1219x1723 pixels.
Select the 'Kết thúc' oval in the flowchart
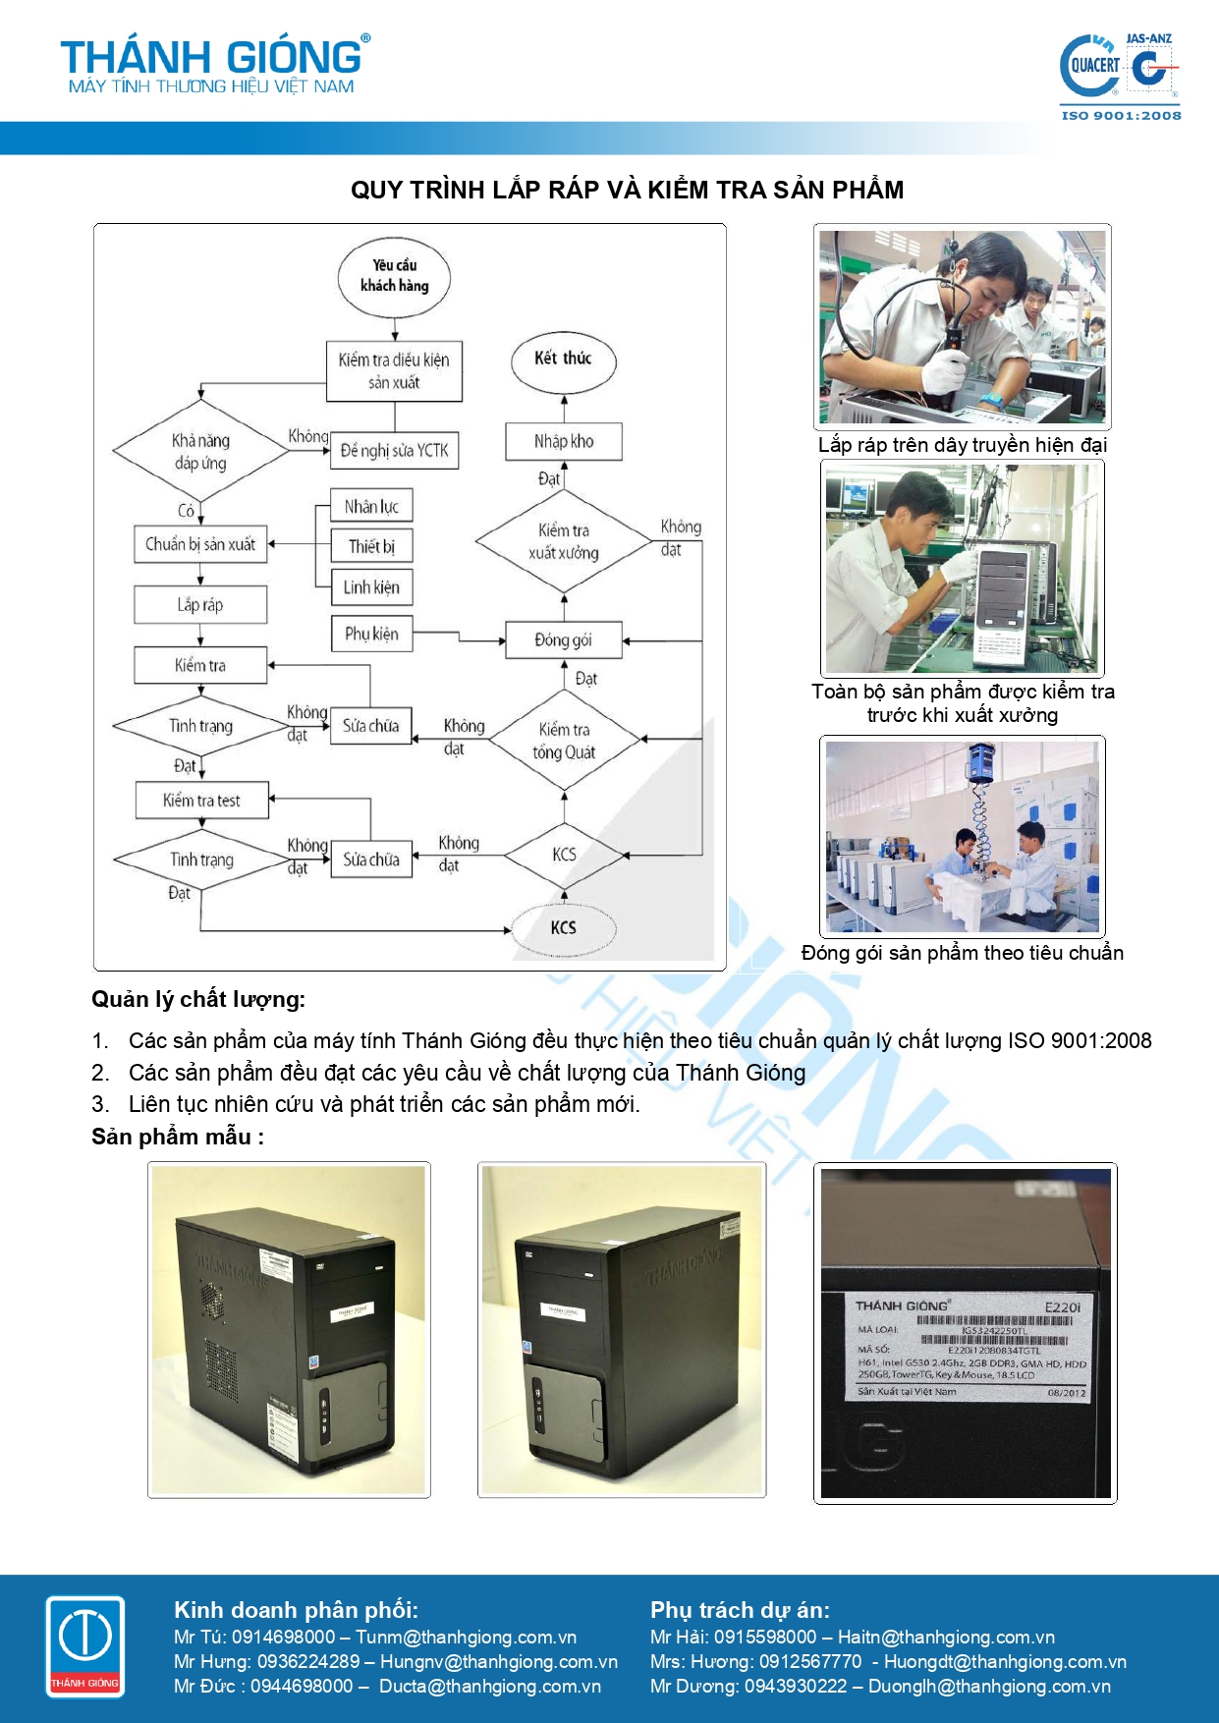coord(563,360)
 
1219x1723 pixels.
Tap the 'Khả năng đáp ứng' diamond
coord(200,452)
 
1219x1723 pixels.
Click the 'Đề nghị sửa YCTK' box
coord(394,451)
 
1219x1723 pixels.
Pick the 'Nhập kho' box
coord(564,441)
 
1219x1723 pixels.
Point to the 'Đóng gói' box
coord(563,640)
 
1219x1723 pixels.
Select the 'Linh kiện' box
coord(371,587)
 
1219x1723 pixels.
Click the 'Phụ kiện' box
coord(371,635)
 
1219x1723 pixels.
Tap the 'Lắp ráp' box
coord(200,605)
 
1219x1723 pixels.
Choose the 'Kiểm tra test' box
coord(201,801)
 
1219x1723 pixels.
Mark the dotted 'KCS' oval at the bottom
coord(563,927)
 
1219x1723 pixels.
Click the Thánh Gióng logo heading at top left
coord(215,65)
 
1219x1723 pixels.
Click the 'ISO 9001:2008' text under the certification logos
coord(1121,115)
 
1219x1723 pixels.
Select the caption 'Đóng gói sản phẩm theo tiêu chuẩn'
coord(962,953)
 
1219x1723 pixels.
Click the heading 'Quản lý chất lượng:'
coord(198,999)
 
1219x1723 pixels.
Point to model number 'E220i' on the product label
coord(1062,1306)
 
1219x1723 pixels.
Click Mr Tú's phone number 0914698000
coord(283,1638)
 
